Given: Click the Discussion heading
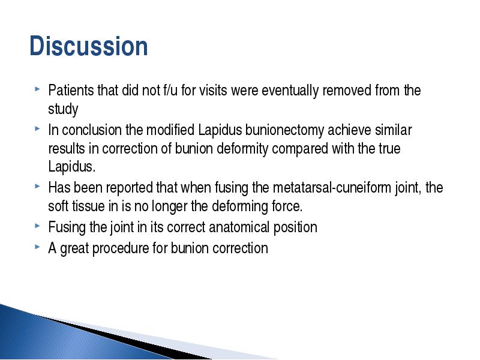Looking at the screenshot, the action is [x=89, y=46].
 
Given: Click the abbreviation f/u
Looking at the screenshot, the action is [x=170, y=91].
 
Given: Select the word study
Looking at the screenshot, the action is [x=63, y=109].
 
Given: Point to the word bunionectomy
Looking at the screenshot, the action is [x=284, y=130].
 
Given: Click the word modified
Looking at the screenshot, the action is [x=170, y=130].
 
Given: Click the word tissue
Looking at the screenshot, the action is [x=88, y=206].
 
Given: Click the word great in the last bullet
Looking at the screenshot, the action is [x=74, y=248].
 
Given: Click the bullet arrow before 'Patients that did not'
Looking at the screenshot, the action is [x=37, y=89].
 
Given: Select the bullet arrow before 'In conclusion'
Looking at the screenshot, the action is [x=37, y=129].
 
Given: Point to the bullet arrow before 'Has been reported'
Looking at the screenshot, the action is [x=37, y=186].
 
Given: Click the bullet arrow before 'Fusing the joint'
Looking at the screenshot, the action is [x=37, y=226].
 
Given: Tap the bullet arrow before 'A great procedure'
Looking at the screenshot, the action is [x=37, y=247].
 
